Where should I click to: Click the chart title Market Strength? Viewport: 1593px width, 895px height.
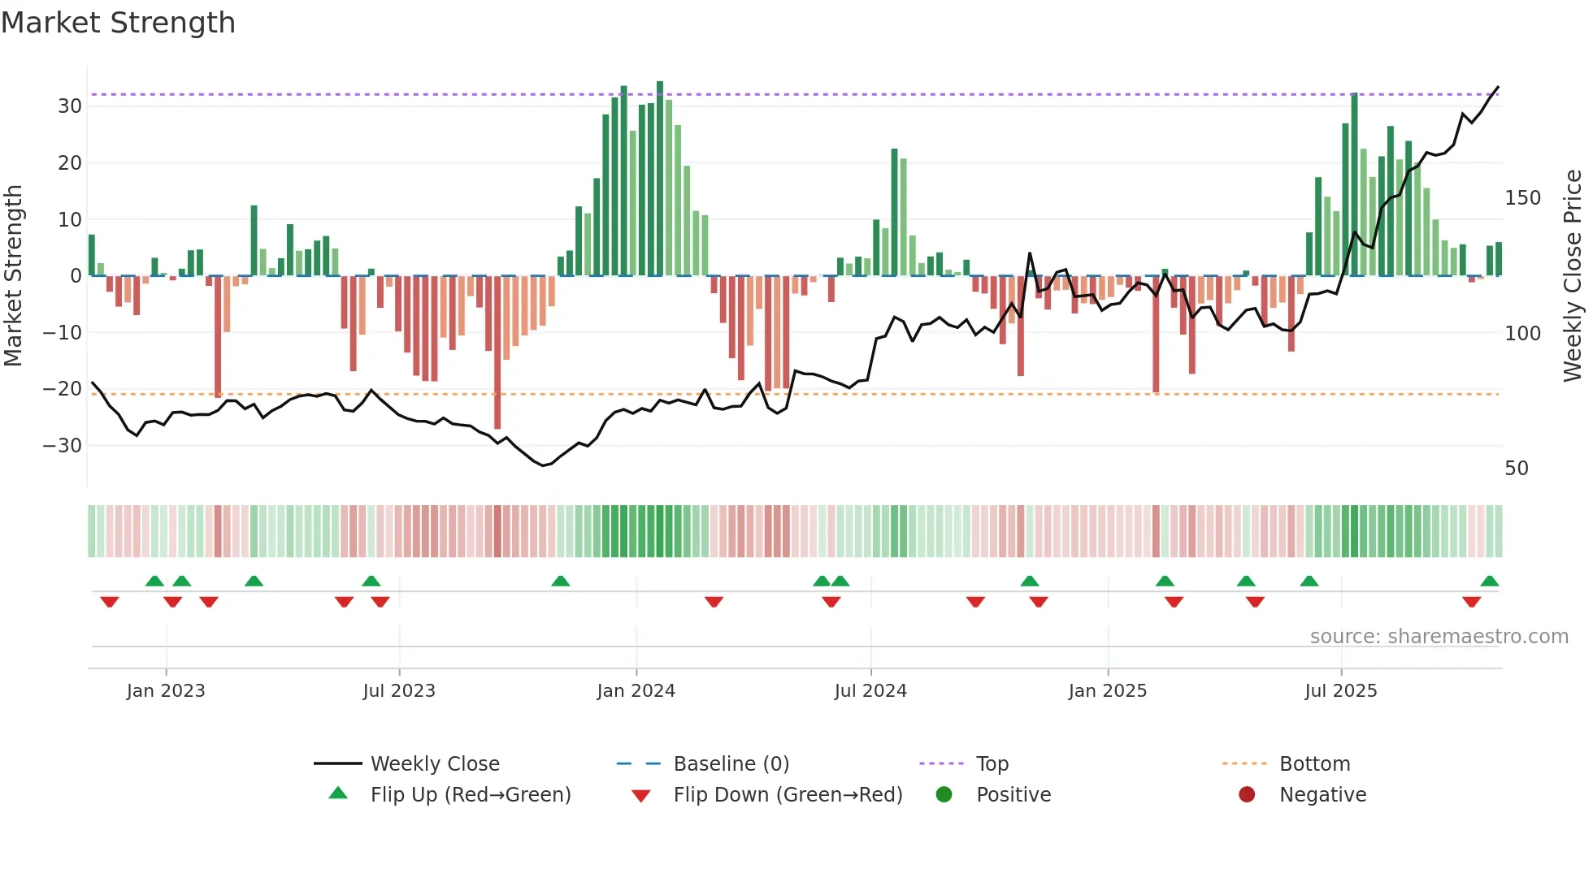[x=118, y=23]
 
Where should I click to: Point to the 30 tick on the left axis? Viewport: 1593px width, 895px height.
[x=70, y=106]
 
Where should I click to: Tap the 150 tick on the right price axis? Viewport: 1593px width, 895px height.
[x=1522, y=198]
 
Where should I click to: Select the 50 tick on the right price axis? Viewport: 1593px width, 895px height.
[x=1517, y=469]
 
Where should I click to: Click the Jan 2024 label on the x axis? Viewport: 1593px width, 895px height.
[x=636, y=691]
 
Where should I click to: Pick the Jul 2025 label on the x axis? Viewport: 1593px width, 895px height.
[x=1340, y=691]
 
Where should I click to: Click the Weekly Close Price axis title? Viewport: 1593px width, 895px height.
[x=1573, y=276]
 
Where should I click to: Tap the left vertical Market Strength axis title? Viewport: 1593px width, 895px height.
[x=14, y=276]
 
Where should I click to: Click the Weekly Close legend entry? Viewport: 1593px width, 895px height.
[x=434, y=764]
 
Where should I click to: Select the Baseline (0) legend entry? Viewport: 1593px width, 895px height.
[x=731, y=764]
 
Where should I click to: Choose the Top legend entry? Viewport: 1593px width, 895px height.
[x=992, y=764]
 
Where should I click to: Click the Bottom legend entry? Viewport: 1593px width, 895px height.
[x=1314, y=764]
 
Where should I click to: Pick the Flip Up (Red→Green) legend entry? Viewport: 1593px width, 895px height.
[x=470, y=795]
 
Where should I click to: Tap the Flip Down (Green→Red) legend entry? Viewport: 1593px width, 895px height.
[x=787, y=795]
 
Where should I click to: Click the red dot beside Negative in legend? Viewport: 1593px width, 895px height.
[x=1247, y=795]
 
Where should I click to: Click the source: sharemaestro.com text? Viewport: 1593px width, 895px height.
[x=1439, y=637]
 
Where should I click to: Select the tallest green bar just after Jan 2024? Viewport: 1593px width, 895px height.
[x=660, y=179]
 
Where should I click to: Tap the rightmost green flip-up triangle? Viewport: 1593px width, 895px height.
[x=1490, y=582]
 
